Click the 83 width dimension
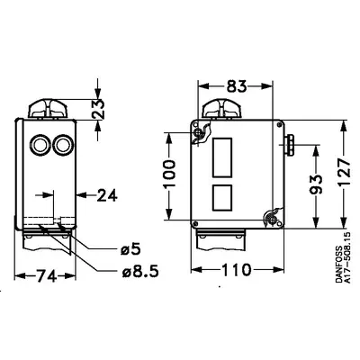point(237,86)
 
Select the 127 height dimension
point(344,173)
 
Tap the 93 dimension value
point(316,184)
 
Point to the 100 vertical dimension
point(169,174)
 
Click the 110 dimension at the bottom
point(236,270)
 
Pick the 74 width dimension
point(46,275)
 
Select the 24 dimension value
point(107,195)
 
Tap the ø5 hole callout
point(130,248)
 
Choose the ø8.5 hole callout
point(140,272)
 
